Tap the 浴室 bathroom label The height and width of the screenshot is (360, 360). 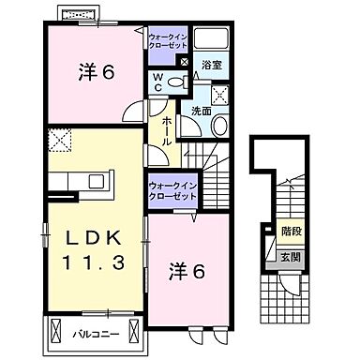(211, 64)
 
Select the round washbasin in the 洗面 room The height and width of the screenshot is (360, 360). (218, 127)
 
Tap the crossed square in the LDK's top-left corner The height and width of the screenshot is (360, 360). (61, 142)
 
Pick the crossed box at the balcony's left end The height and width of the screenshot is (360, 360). (58, 331)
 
